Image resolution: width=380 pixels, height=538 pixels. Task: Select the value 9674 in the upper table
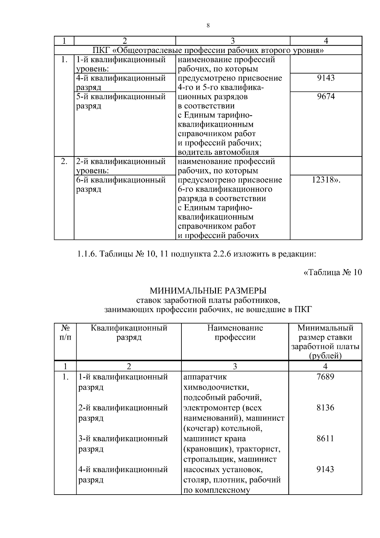326,97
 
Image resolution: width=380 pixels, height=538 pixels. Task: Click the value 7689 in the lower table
325,377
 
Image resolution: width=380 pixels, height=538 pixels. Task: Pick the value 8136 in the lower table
325,407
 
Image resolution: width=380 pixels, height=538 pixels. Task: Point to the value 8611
325,439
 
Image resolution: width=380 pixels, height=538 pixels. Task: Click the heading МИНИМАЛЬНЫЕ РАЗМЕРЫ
208,291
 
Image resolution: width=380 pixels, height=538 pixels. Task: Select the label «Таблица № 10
332,272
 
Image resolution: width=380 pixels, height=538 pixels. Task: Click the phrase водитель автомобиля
218,152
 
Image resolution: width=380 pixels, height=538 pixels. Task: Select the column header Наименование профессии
235,332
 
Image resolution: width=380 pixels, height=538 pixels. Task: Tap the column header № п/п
65,332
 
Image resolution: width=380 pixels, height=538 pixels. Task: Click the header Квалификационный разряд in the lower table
129,332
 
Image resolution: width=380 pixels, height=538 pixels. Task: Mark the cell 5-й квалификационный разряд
121,101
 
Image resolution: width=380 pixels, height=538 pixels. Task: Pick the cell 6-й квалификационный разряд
121,184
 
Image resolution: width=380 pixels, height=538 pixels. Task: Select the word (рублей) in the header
325,356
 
